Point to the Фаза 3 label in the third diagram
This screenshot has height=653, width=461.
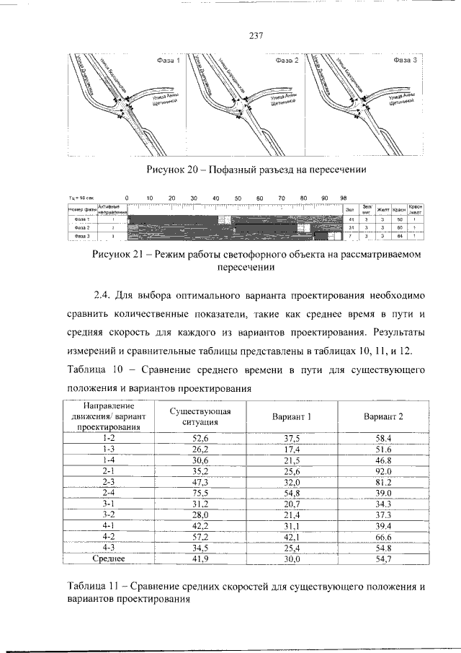[x=405, y=61]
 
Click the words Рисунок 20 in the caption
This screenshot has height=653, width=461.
[x=172, y=170]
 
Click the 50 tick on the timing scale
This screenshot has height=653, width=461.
[x=238, y=198]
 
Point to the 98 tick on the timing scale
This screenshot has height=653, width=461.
[x=343, y=198]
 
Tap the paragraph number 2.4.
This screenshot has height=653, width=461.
[x=105, y=297]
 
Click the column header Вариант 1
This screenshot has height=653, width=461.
[x=292, y=417]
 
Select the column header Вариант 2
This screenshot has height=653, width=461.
[x=383, y=417]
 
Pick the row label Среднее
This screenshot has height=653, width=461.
[x=109, y=558]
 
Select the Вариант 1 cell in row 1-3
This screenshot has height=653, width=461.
[x=292, y=449]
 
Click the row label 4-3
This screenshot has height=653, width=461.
[x=109, y=547]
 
